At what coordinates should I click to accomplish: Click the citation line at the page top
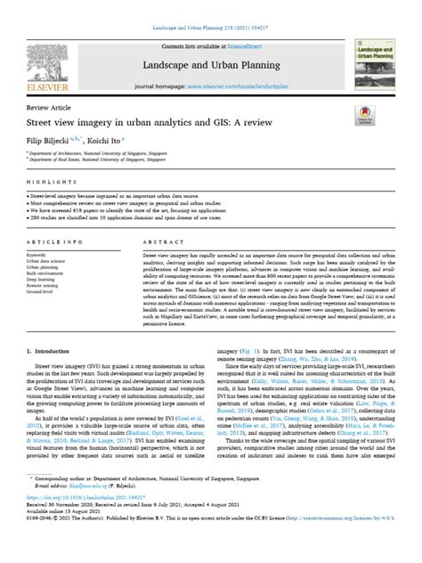[211, 8]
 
